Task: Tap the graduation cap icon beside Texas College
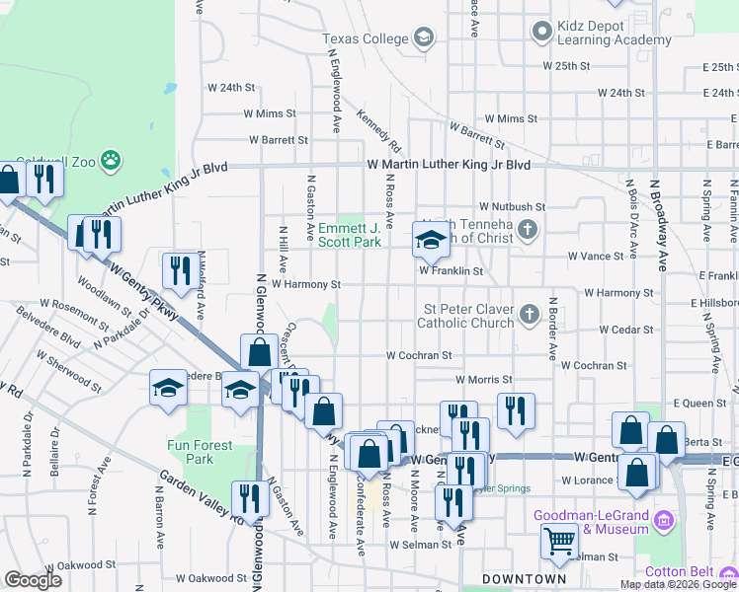424,38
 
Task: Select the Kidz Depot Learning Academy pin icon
541,32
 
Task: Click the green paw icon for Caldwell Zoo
113,158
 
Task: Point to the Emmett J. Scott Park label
349,234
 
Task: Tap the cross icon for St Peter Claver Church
530,315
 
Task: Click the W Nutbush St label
513,207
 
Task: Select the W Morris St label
484,379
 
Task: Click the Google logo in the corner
34,579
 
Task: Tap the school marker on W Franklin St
431,240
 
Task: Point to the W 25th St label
566,65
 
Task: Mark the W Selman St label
421,545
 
